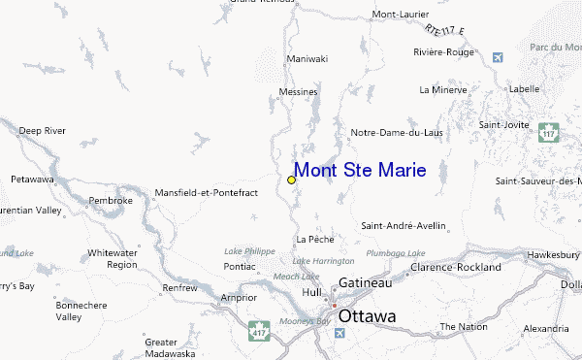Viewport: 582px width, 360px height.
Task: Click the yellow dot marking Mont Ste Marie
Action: tap(291, 180)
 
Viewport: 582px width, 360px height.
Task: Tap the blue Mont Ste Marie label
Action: tap(359, 172)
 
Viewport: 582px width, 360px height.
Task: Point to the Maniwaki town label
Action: tap(307, 59)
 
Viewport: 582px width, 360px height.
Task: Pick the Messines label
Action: tap(298, 92)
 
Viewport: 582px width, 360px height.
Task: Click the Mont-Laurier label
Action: tap(400, 15)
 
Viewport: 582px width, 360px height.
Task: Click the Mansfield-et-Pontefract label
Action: tap(207, 193)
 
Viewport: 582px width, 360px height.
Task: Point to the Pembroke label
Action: tap(110, 201)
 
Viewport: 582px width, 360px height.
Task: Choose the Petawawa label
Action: tap(32, 180)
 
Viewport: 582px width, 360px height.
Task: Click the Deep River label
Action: tap(41, 130)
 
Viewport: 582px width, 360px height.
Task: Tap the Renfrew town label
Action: tap(179, 287)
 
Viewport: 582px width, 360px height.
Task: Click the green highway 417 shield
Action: tap(257, 329)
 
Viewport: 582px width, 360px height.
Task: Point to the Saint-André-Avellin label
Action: tap(404, 226)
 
